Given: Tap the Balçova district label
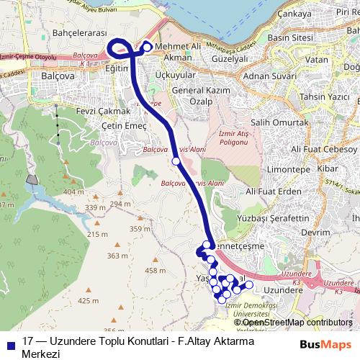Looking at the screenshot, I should tap(58, 75).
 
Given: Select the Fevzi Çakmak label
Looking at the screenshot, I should tap(103, 111).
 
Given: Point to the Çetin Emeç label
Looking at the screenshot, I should tap(124, 125).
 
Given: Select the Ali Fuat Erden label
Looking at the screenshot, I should tap(273, 191).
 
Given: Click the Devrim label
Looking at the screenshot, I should tap(315, 233).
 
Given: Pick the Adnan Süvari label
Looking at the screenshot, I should tap(270, 75).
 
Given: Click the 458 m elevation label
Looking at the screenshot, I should tap(155, 270).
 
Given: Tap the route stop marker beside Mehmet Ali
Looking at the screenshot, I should tap(148, 48).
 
